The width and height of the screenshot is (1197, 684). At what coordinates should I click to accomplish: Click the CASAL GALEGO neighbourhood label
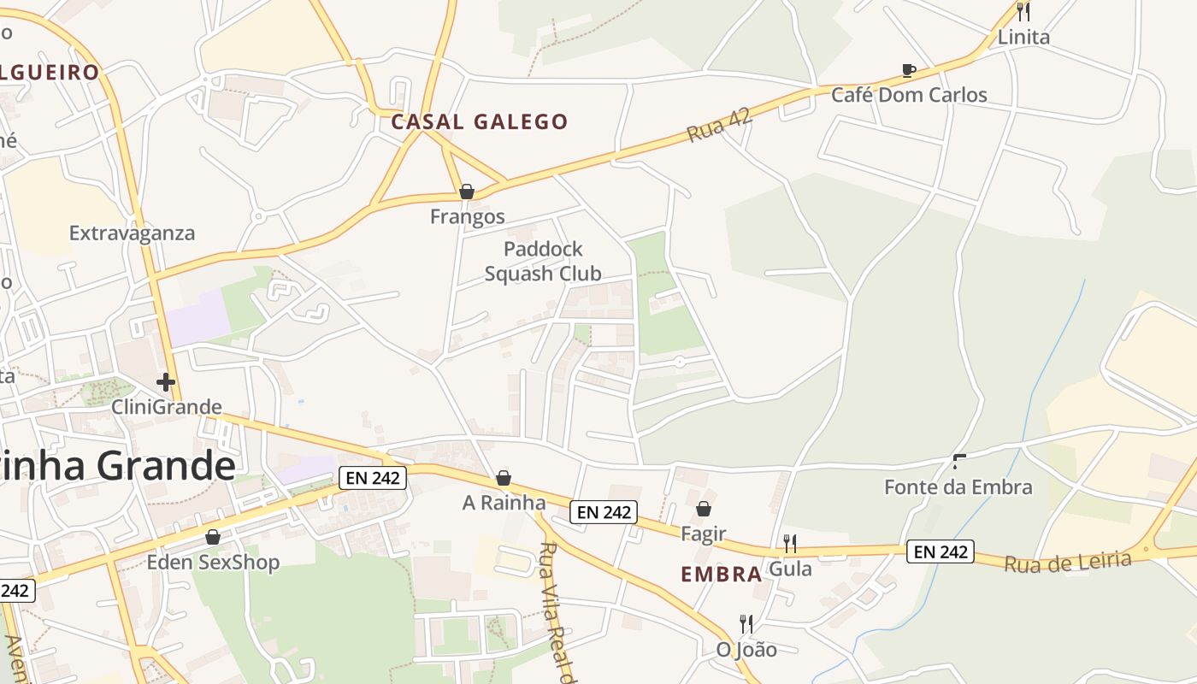[479, 122]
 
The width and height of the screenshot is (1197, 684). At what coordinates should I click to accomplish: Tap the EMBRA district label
[721, 575]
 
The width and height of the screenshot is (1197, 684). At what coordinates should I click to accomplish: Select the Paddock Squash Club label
[543, 262]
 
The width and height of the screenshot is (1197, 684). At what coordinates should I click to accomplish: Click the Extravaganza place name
[132, 233]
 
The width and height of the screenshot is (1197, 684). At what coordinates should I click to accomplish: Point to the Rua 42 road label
[719, 126]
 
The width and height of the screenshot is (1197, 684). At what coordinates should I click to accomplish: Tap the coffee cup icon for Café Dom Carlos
[909, 70]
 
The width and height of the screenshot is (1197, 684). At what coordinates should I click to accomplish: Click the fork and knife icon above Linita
[1023, 12]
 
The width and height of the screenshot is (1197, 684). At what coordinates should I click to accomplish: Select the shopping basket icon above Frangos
[467, 192]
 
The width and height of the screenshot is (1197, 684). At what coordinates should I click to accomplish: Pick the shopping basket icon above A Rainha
[504, 478]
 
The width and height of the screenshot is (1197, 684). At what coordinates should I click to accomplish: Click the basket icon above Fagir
[703, 510]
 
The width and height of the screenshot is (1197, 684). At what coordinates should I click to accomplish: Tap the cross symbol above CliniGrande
[166, 382]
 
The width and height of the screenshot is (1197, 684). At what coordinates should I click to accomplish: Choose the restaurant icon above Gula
[790, 543]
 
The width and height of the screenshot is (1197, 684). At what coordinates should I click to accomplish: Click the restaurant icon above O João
[746, 624]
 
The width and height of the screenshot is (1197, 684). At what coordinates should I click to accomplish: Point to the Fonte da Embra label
[958, 487]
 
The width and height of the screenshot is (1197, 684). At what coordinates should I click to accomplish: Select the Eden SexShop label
[213, 563]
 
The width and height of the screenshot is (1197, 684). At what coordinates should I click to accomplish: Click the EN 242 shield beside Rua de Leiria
[940, 551]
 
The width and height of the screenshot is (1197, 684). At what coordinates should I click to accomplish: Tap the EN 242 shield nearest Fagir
[604, 512]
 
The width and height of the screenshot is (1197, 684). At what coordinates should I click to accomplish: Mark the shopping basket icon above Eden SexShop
[213, 537]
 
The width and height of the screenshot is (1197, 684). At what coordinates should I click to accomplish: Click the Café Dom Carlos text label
[909, 95]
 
